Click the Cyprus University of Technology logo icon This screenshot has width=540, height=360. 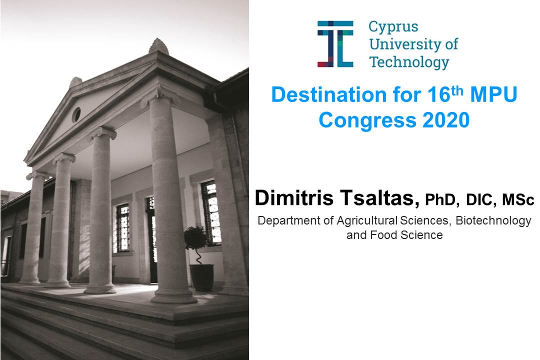pyautogui.click(x=335, y=44)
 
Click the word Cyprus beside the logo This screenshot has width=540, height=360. pyautogui.click(x=393, y=27)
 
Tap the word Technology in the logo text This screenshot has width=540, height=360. pyautogui.click(x=409, y=62)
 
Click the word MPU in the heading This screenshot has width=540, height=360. pyautogui.click(x=493, y=94)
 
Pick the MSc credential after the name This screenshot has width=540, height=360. pyautogui.click(x=518, y=200)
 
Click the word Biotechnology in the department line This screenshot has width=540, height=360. pyautogui.click(x=493, y=220)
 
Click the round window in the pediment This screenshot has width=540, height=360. pyautogui.click(x=76, y=114)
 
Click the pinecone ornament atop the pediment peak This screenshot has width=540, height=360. pyautogui.click(x=158, y=46)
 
